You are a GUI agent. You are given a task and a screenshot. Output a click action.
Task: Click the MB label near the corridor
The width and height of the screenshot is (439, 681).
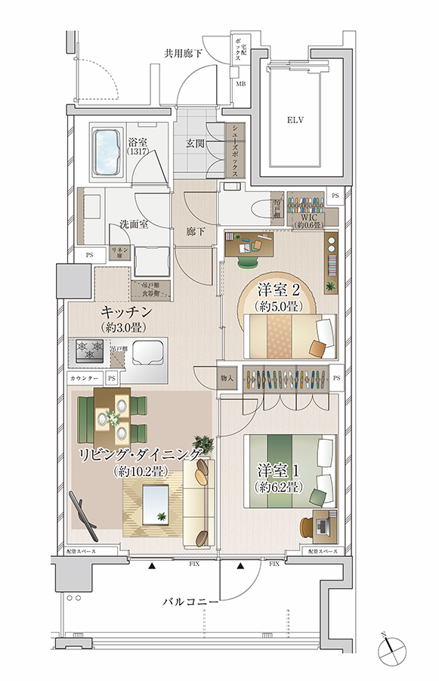240,83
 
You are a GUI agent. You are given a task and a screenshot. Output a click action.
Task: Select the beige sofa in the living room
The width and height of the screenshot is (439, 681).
200,503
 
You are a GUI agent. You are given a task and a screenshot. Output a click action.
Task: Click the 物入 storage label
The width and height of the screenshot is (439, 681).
227,376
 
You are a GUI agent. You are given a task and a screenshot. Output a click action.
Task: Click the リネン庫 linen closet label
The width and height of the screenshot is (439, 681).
119,252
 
